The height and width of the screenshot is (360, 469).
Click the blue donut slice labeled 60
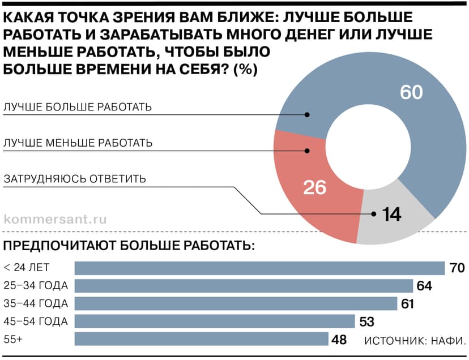[x=419, y=142]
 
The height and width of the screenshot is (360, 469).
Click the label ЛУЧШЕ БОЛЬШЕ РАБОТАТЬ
[x=78, y=107]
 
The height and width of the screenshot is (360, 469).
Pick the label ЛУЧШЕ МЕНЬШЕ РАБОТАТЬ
[x=78, y=143]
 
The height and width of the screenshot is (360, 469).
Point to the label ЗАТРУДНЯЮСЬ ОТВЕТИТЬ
[x=75, y=179]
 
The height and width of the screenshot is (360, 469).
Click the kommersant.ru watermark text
[x=55, y=218]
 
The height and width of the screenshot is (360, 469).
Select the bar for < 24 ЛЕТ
[x=259, y=268]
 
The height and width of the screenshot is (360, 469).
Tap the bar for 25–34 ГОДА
[x=244, y=286]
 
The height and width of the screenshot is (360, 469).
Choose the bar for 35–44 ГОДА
[x=236, y=303]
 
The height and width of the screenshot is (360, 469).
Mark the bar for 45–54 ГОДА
[x=215, y=322]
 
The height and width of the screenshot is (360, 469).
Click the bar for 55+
[x=202, y=339]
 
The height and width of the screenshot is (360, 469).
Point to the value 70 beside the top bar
[x=457, y=268]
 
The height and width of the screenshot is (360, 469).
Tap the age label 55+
[x=13, y=339]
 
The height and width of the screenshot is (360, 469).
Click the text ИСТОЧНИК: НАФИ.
[x=415, y=341]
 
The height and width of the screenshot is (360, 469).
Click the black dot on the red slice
[x=307, y=151]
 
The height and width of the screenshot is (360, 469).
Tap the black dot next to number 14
[x=374, y=214]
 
